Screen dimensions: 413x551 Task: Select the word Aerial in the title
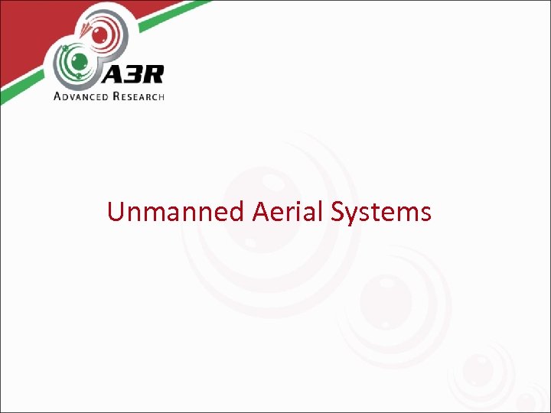pos(290,211)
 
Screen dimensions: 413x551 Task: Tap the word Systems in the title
pos(382,211)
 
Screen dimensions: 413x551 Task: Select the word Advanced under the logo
pos(85,96)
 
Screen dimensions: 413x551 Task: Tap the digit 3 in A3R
pos(131,76)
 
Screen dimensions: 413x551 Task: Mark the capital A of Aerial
pos(259,211)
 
